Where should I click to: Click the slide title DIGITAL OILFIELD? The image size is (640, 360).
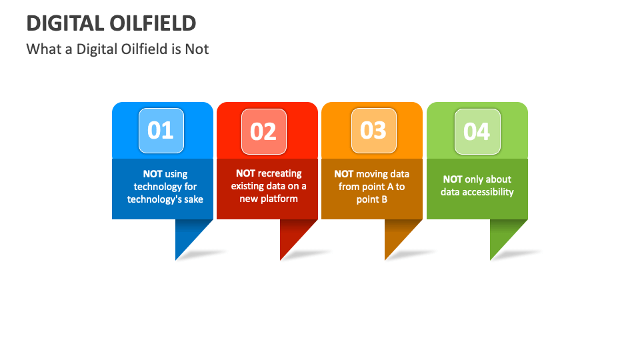click(111, 23)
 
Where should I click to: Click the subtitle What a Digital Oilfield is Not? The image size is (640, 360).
click(117, 49)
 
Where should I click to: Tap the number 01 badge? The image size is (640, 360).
click(161, 131)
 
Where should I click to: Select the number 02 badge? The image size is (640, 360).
click(263, 131)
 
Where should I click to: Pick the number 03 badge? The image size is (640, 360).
click(373, 131)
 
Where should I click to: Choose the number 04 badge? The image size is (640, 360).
click(477, 131)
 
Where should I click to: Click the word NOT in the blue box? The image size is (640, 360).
click(153, 174)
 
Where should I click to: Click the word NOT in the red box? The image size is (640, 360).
click(245, 173)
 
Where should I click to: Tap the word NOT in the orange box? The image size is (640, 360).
click(344, 174)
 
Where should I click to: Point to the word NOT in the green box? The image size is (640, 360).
click(453, 179)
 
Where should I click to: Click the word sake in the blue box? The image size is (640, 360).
click(192, 199)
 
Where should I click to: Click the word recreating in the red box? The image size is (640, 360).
click(280, 173)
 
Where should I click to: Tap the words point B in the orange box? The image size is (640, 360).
click(372, 199)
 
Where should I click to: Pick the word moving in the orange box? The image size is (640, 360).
click(371, 174)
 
